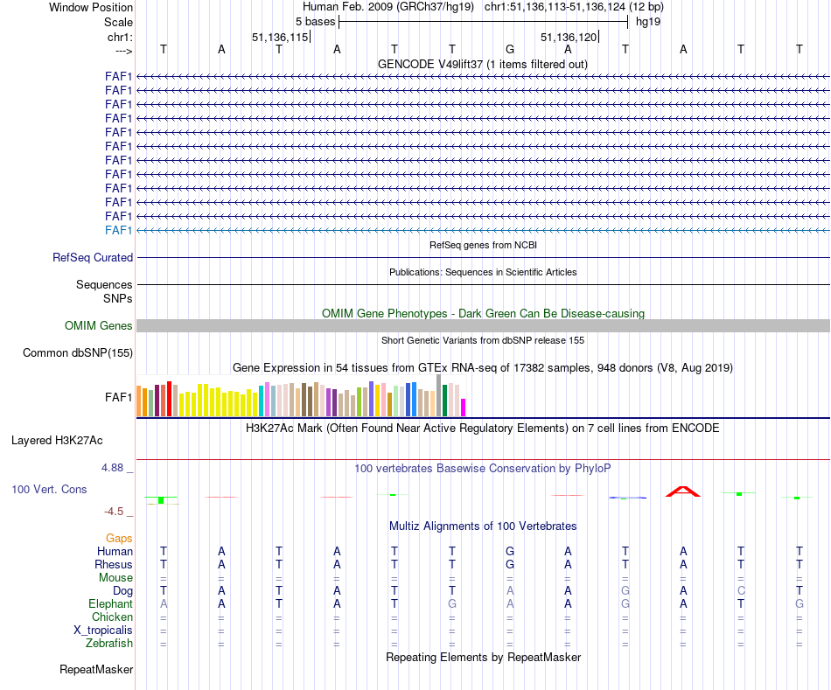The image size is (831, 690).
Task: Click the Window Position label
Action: (x=91, y=7)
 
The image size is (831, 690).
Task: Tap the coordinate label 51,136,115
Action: (x=280, y=38)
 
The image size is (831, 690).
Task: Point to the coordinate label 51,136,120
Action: (x=569, y=38)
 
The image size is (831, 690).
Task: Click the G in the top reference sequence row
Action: (x=510, y=49)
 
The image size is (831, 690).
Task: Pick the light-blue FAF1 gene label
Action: (x=118, y=230)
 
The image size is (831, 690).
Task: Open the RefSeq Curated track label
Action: (x=93, y=258)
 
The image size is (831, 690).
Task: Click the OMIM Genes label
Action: (x=99, y=326)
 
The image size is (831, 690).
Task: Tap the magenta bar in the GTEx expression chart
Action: (x=464, y=408)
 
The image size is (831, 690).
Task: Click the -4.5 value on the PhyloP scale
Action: (x=117, y=512)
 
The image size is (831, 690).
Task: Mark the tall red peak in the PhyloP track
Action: (x=683, y=491)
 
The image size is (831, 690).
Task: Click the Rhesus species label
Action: (x=114, y=565)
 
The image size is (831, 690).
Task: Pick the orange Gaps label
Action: (x=119, y=539)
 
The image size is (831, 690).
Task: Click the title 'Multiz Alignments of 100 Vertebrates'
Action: (x=483, y=526)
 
